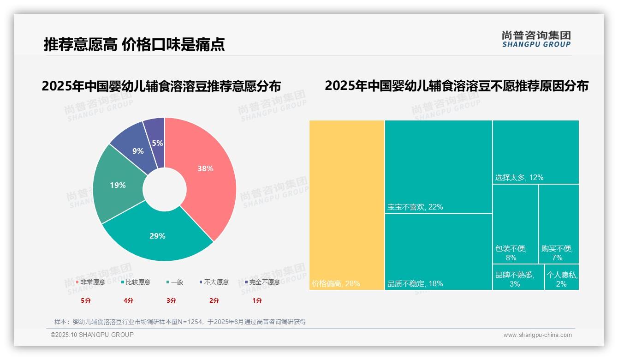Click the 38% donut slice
(205, 169)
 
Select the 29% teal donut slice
(157, 236)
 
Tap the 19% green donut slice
(118, 185)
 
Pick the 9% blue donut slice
(137, 151)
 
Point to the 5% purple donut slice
(157, 143)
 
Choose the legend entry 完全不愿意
(262, 282)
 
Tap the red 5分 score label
(86, 300)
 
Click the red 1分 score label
(257, 300)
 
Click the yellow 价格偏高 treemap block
(347, 205)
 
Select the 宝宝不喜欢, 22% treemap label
(415, 207)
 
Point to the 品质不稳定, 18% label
(415, 283)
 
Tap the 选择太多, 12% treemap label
(519, 177)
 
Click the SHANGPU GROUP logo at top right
(536, 39)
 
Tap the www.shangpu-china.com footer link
(537, 335)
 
